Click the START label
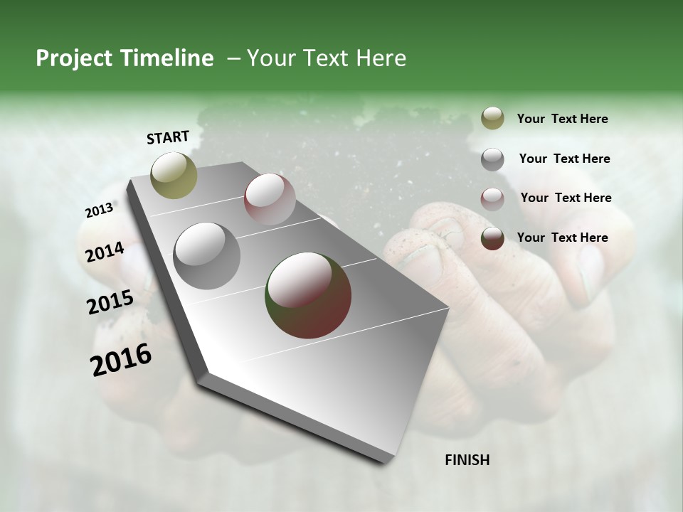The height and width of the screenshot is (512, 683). pyautogui.click(x=168, y=137)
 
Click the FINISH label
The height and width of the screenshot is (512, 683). pyautogui.click(x=467, y=460)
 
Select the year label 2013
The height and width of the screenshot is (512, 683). pyautogui.click(x=99, y=210)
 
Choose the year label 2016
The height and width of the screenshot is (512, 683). pyautogui.click(x=121, y=359)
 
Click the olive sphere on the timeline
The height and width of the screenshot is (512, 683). pyautogui.click(x=174, y=175)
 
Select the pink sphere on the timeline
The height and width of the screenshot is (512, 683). pyautogui.click(x=270, y=199)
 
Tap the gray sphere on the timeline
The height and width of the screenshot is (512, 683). pyautogui.click(x=207, y=256)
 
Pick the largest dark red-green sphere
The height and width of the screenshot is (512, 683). pyautogui.click(x=308, y=295)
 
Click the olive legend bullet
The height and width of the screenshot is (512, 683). pyautogui.click(x=492, y=119)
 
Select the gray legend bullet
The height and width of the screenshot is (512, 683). pyautogui.click(x=492, y=159)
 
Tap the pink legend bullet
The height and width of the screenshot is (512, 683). pyautogui.click(x=492, y=198)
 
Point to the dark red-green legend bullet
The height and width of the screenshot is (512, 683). pyautogui.click(x=492, y=238)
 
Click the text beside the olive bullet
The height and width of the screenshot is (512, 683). pyautogui.click(x=562, y=119)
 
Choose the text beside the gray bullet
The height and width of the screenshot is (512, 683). pyautogui.click(x=564, y=159)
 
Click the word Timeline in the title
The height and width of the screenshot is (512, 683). pyautogui.click(x=167, y=58)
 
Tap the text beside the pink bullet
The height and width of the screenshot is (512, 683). pyautogui.click(x=566, y=198)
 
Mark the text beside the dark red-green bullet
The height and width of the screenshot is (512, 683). pyautogui.click(x=562, y=238)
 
